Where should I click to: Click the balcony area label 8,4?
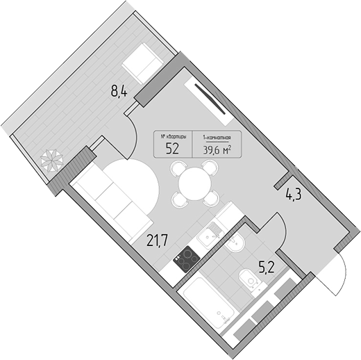(119, 91)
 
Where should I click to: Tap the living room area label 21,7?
(157, 240)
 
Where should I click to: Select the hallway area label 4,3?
(294, 195)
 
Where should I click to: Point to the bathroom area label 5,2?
(267, 268)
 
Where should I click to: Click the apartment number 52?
(172, 149)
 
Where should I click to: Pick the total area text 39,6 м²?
(217, 151)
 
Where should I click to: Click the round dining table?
(194, 184)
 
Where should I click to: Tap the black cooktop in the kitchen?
(187, 259)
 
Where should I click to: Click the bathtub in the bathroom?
(209, 302)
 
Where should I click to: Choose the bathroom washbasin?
(234, 242)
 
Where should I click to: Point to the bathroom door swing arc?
(283, 229)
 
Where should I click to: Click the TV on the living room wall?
(210, 99)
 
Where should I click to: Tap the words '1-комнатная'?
(217, 138)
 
